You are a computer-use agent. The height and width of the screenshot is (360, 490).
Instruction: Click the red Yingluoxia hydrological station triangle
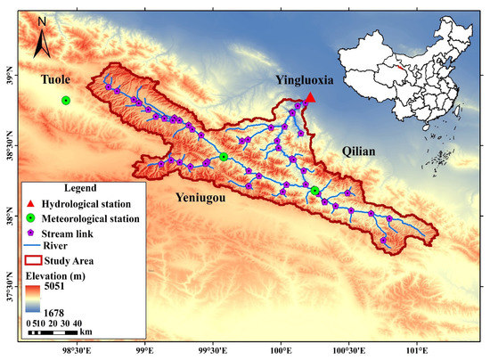tap(310, 98)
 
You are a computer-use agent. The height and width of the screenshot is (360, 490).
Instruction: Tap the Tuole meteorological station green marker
tap(66, 101)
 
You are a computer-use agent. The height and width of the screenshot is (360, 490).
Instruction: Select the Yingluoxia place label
tap(304, 80)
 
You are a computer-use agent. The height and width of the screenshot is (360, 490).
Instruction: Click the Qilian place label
tap(359, 151)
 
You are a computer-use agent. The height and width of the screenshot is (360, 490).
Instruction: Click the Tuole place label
tap(56, 80)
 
